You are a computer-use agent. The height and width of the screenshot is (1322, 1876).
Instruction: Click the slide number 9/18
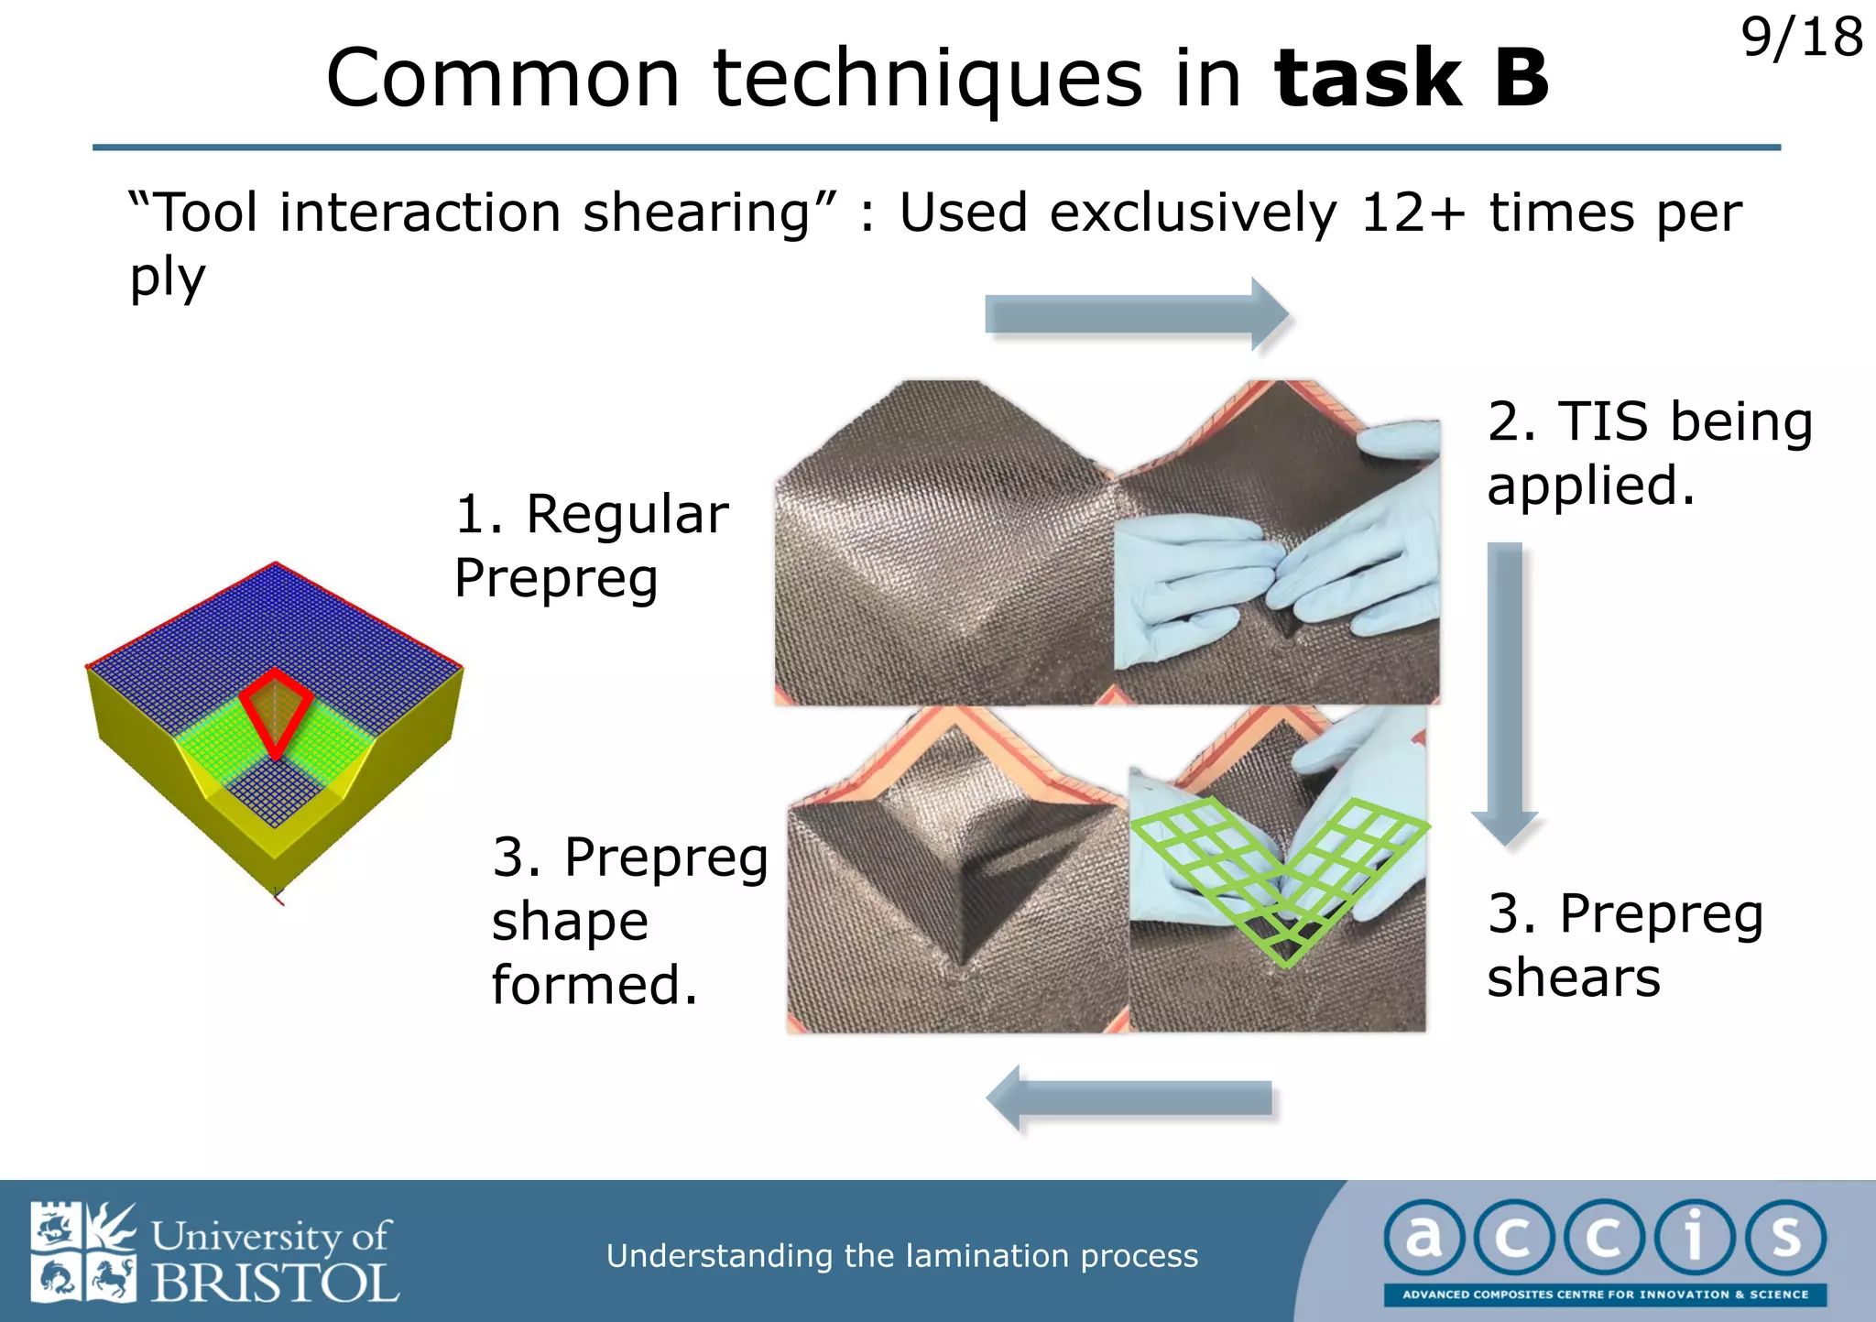point(1801,38)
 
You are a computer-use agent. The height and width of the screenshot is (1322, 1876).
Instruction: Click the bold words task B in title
point(1412,79)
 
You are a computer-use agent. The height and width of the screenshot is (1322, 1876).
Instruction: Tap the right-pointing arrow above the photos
point(1136,314)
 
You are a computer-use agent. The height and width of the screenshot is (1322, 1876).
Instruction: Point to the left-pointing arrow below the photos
point(1132,1098)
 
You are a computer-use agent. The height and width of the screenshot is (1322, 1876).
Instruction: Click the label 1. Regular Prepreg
point(591,546)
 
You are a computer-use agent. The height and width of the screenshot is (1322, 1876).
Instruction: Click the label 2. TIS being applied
point(1649,453)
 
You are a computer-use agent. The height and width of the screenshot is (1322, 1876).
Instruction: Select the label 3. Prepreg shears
point(1624,945)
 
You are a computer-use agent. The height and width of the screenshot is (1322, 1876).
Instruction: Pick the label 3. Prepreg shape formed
point(628,921)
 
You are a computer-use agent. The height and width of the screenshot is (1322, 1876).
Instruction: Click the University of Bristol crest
point(82,1252)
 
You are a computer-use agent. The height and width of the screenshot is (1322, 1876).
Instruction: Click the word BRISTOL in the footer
point(275,1283)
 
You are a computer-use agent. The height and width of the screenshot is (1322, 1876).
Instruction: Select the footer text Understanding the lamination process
point(901,1255)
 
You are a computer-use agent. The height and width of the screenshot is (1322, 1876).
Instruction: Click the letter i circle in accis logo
point(1694,1238)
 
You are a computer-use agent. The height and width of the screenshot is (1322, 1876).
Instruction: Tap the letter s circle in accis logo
point(1785,1238)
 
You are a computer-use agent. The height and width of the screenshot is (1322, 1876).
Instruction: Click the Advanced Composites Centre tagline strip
point(1605,1295)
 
